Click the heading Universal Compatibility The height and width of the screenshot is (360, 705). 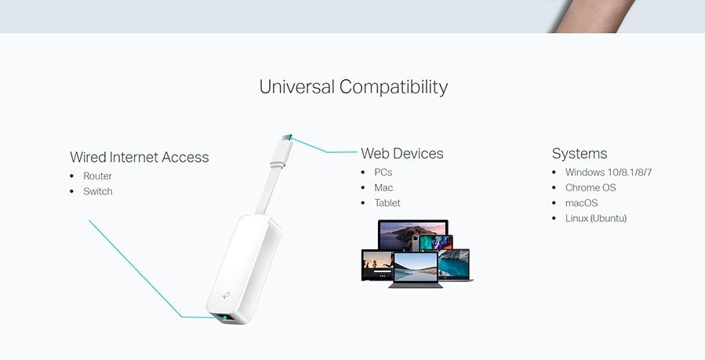[353, 86]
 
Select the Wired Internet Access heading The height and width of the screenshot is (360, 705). [140, 157]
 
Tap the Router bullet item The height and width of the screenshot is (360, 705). [97, 176]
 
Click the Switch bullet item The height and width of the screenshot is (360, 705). [97, 191]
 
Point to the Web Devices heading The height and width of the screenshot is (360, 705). [402, 154]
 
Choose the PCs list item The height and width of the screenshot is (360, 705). [383, 172]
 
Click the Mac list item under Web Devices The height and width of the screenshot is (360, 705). [383, 187]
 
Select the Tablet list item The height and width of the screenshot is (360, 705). [387, 202]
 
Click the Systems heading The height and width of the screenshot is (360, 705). [580, 154]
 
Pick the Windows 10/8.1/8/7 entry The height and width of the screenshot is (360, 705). [608, 172]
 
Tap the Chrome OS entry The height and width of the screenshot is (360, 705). [591, 187]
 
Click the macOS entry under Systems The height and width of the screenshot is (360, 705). [581, 203]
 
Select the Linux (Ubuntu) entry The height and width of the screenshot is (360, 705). [595, 218]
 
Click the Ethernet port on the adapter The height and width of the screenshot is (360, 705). [224, 318]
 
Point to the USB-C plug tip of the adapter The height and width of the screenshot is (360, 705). [288, 139]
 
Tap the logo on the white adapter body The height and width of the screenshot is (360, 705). [226, 294]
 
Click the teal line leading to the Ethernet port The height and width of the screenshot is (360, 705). [133, 267]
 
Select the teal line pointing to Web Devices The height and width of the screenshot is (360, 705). [322, 149]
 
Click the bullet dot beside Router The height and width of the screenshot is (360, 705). [72, 176]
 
